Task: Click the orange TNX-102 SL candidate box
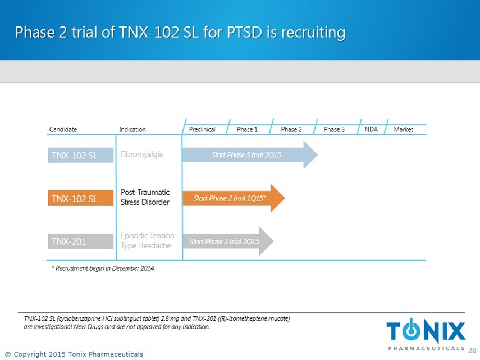pyautogui.click(x=80, y=198)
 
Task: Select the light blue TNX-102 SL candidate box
pyautogui.click(x=80, y=155)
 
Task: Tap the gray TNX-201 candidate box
pyautogui.click(x=80, y=241)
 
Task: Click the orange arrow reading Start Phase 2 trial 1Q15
pyautogui.click(x=234, y=198)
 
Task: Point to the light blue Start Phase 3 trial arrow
pyautogui.click(x=250, y=154)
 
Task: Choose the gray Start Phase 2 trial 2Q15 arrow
pyautogui.click(x=228, y=241)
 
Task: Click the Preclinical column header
pyautogui.click(x=202, y=130)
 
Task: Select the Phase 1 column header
pyautogui.click(x=248, y=130)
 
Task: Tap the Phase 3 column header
pyautogui.click(x=334, y=130)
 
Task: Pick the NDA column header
pyautogui.click(x=371, y=130)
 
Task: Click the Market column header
pyautogui.click(x=403, y=130)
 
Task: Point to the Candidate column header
pyautogui.click(x=63, y=130)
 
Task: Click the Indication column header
pyautogui.click(x=132, y=130)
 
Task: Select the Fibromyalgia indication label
pyautogui.click(x=141, y=154)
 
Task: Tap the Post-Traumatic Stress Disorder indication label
pyautogui.click(x=145, y=197)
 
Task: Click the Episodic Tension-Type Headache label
pyautogui.click(x=149, y=240)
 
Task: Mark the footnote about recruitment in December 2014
pyautogui.click(x=103, y=268)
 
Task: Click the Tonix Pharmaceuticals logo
pyautogui.click(x=426, y=334)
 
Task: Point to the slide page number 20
pyautogui.click(x=472, y=350)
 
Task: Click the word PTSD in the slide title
pyautogui.click(x=245, y=32)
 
